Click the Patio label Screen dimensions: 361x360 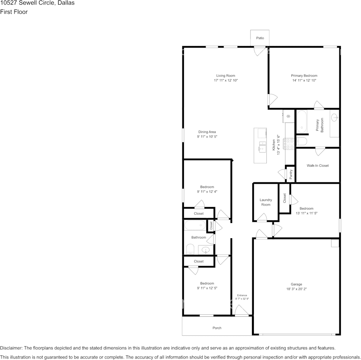[x=260, y=38]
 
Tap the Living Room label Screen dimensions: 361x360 [x=226, y=76]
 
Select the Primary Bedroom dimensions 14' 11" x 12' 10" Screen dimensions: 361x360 [x=304, y=81]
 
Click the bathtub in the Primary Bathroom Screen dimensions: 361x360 [x=302, y=121]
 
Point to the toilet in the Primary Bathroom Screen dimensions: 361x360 [x=301, y=141]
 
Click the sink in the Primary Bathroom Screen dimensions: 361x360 [x=334, y=118]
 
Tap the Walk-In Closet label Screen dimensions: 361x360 [x=317, y=166]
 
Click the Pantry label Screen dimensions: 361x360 [x=291, y=174]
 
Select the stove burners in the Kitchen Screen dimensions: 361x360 [x=290, y=144]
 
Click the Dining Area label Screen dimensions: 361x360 [x=207, y=132]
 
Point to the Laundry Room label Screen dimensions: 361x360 [x=266, y=202]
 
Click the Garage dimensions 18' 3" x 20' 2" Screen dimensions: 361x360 [x=296, y=289]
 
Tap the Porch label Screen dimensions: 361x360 [x=217, y=328]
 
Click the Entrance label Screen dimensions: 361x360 [x=242, y=295]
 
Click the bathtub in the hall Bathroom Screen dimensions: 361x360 [x=195, y=225]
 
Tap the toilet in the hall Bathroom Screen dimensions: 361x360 [x=190, y=249]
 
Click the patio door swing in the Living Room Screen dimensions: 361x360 [x=260, y=51]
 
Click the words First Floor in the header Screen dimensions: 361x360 [x=14, y=12]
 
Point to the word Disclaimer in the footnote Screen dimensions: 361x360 [x=11, y=348]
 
